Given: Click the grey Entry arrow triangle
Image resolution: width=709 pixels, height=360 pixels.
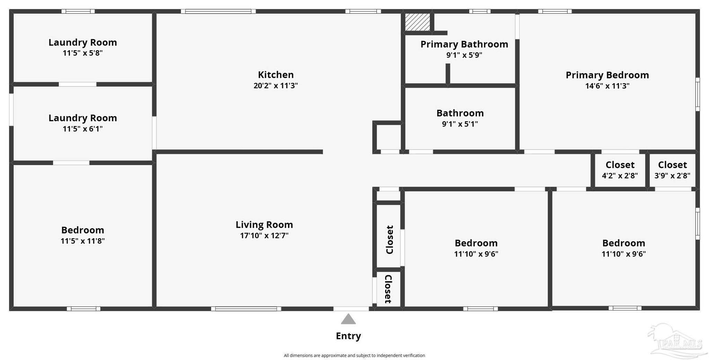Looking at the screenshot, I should point(348,319).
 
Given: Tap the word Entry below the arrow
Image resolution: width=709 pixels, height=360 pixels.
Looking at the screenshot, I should point(348,336).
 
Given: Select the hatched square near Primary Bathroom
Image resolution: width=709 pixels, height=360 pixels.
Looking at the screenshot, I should point(418,22).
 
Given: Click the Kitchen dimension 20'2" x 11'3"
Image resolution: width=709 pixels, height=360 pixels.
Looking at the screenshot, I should point(276,85).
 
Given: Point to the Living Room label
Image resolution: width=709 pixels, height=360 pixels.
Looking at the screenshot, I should point(264,225).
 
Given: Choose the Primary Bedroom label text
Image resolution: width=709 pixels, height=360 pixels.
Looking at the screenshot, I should point(607,75).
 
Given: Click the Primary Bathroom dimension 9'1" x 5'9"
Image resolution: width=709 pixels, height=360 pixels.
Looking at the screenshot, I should point(464,55).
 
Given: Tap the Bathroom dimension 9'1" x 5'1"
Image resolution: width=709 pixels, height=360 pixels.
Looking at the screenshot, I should point(460,124).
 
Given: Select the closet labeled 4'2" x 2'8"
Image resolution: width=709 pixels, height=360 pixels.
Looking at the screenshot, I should point(620,170).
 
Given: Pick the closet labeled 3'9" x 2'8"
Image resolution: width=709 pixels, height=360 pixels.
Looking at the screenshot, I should point(672,170).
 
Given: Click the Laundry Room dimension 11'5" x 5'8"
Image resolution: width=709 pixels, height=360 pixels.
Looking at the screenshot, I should point(82,53).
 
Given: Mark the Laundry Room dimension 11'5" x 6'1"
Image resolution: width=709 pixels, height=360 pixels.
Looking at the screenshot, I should point(82,129).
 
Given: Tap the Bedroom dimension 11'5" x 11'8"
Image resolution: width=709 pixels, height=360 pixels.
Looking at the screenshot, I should point(82,241).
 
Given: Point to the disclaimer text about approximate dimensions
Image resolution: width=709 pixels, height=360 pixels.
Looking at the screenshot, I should point(354,355).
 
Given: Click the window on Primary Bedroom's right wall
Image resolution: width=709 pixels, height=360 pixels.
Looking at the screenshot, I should point(698,94).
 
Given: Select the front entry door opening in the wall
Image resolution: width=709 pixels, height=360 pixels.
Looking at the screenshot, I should point(351,309).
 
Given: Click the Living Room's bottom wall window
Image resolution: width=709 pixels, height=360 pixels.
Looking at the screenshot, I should point(246,309).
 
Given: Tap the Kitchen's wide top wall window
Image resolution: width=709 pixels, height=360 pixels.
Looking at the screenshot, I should point(218,11).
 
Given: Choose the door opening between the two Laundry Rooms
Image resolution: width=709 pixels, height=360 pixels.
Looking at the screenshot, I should point(78,84).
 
